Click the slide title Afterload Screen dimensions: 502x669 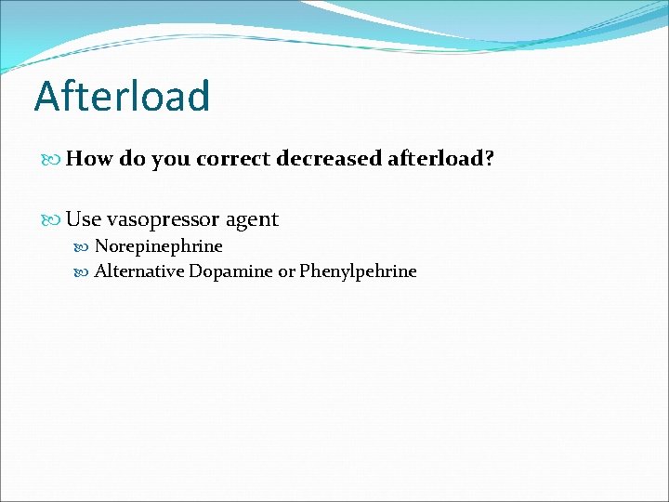tap(122, 96)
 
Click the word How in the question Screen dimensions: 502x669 tap(89, 159)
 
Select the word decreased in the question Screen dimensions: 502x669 tap(328, 159)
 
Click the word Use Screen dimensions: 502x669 tap(84, 219)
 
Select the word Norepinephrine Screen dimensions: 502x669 tap(159, 247)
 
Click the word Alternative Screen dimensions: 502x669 tap(139, 271)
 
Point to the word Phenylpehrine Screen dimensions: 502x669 tap(358, 272)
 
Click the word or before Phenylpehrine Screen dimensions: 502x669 tap(286, 272)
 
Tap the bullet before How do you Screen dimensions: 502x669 tap(52, 160)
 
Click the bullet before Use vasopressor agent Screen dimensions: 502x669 tap(52, 220)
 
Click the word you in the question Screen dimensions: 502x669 tap(171, 160)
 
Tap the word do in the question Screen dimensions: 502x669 tap(132, 159)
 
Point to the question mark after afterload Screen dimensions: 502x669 tap(489, 159)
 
